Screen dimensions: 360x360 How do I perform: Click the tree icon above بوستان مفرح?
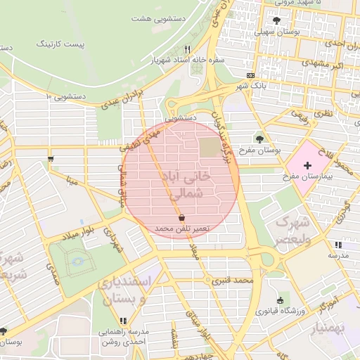[259, 139]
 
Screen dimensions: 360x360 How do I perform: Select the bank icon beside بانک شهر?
[250, 75]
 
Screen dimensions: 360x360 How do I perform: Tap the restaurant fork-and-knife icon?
[187, 49]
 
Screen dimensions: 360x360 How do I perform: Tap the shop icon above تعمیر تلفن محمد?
[181, 218]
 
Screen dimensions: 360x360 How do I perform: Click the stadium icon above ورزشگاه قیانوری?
[281, 300]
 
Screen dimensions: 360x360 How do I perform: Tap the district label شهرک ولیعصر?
[290, 231]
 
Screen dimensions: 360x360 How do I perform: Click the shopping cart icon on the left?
[51, 159]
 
